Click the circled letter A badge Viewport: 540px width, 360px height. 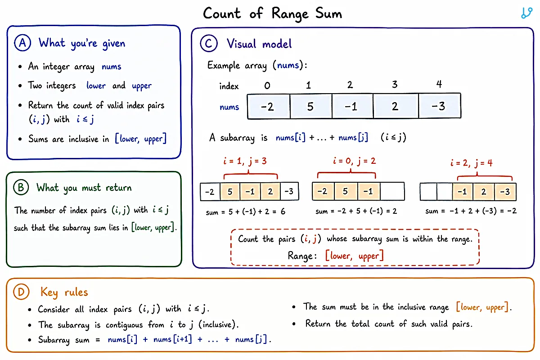point(22,43)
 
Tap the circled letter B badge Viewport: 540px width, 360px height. point(21,187)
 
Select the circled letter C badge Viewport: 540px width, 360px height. point(209,43)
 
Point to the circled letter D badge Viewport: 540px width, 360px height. point(21,292)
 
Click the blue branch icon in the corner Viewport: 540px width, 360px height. point(526,13)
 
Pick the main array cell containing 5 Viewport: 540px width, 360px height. point(311,106)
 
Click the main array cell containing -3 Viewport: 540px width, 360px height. point(440,106)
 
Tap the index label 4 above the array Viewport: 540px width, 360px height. point(439,84)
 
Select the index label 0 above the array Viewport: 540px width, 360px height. point(267,85)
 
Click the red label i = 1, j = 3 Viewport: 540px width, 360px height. point(245,161)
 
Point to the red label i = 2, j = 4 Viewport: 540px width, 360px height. point(472,163)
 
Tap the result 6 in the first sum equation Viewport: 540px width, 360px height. point(283,211)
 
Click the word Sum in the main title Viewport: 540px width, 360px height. point(329,13)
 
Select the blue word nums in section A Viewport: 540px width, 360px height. point(111,67)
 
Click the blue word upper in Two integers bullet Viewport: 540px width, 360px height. point(142,86)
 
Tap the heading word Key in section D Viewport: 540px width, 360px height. point(49,292)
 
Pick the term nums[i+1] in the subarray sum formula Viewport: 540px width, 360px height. point(173,339)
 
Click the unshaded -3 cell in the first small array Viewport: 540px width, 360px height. point(289,191)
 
